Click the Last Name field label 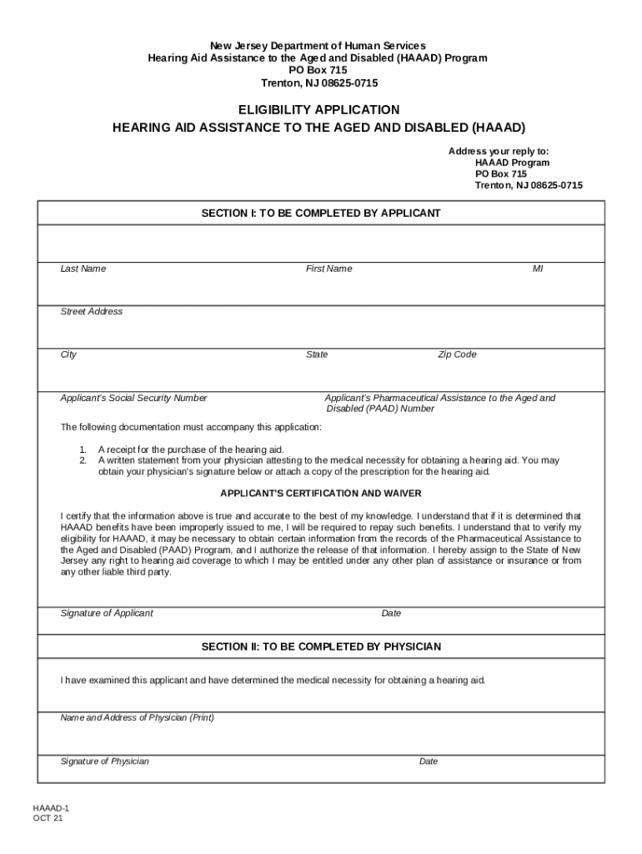point(83,269)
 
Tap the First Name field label point(329,269)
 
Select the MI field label point(538,269)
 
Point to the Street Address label point(92,311)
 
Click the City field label point(68,354)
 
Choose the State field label point(317,354)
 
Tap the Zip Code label point(458,354)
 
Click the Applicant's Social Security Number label point(134,398)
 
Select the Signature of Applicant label point(107,613)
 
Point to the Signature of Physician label point(105,761)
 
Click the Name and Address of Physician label point(138,717)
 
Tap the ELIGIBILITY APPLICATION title point(319,110)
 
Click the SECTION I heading point(321,213)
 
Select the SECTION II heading point(321,646)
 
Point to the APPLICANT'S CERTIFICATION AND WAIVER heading point(321,493)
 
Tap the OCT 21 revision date point(48,819)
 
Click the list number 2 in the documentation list point(83,460)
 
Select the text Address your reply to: point(499,151)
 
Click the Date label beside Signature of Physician point(429,761)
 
